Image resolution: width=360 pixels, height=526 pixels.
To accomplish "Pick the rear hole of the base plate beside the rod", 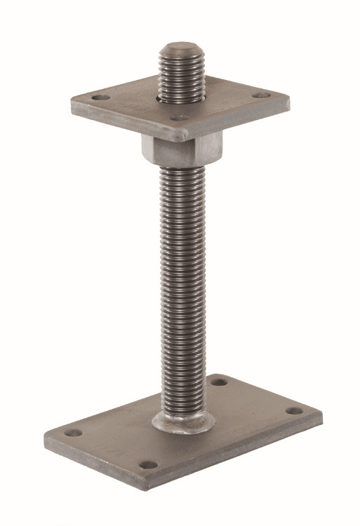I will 220,383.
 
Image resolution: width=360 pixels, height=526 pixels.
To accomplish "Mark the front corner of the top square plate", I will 181,135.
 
